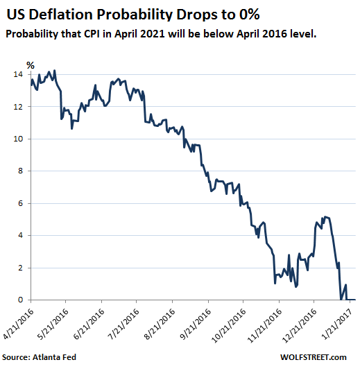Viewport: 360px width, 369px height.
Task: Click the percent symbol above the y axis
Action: [x=30, y=65]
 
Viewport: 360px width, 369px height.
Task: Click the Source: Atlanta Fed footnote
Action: [x=44, y=358]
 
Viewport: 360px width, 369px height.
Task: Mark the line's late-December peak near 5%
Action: [x=325, y=217]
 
